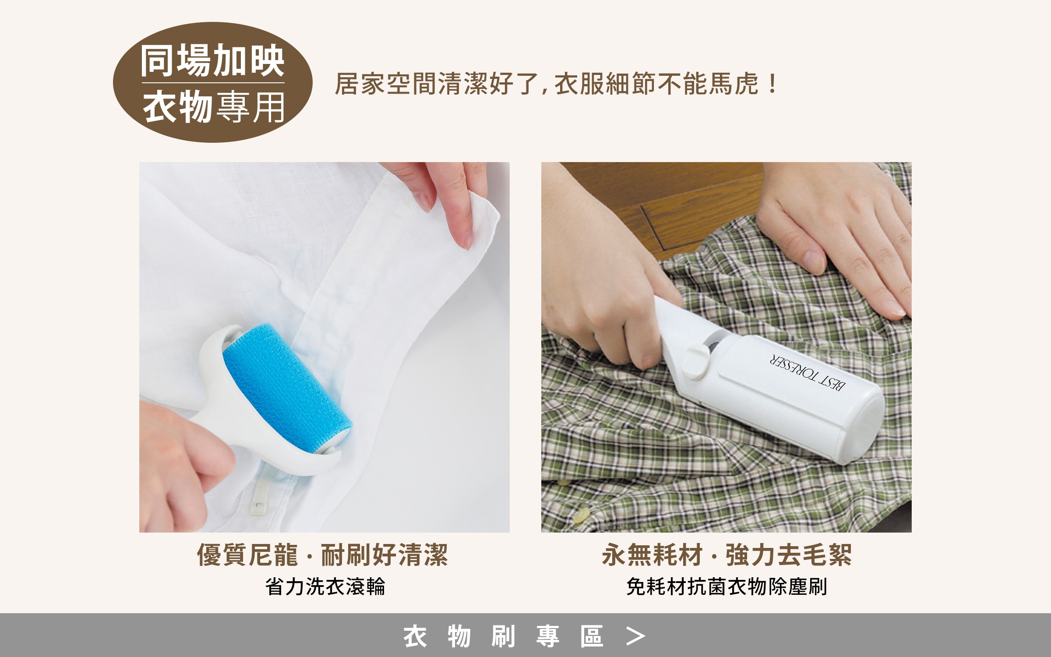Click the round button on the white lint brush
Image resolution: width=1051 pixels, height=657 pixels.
pos(695,360)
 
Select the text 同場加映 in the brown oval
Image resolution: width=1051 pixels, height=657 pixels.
pos(212,61)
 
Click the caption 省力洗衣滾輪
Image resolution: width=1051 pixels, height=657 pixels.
pos(324,586)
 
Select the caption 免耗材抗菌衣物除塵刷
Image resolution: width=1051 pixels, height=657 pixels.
pos(727,586)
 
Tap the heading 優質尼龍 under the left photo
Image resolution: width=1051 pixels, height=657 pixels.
pos(247,555)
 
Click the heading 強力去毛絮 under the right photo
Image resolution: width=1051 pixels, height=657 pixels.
pos(789,555)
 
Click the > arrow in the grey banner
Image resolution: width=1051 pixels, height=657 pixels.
pos(635,636)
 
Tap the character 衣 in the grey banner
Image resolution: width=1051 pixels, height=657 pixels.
pos(415,636)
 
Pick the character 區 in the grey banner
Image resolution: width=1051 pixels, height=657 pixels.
pos(592,636)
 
